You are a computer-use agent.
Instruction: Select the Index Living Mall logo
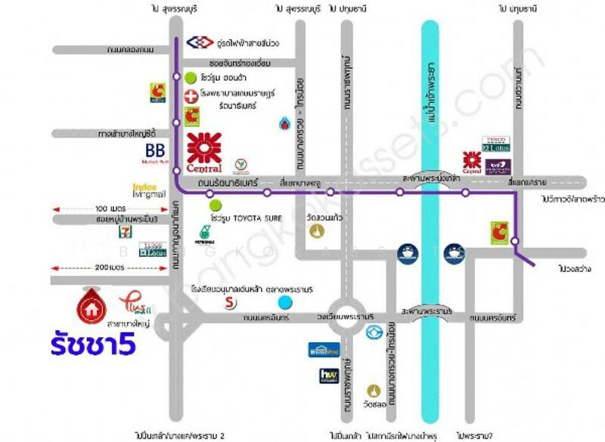(148, 190)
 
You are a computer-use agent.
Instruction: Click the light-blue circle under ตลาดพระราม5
(284, 302)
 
